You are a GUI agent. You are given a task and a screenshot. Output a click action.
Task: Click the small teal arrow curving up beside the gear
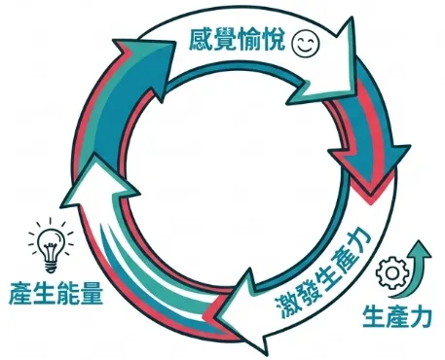click(421, 263)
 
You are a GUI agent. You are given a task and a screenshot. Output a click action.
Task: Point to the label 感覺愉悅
click(238, 42)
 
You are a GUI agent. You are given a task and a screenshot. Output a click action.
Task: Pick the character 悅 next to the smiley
click(276, 42)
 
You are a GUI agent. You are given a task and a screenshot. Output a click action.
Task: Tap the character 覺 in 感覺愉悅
click(225, 42)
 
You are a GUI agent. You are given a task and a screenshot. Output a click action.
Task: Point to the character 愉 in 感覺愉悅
click(250, 42)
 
